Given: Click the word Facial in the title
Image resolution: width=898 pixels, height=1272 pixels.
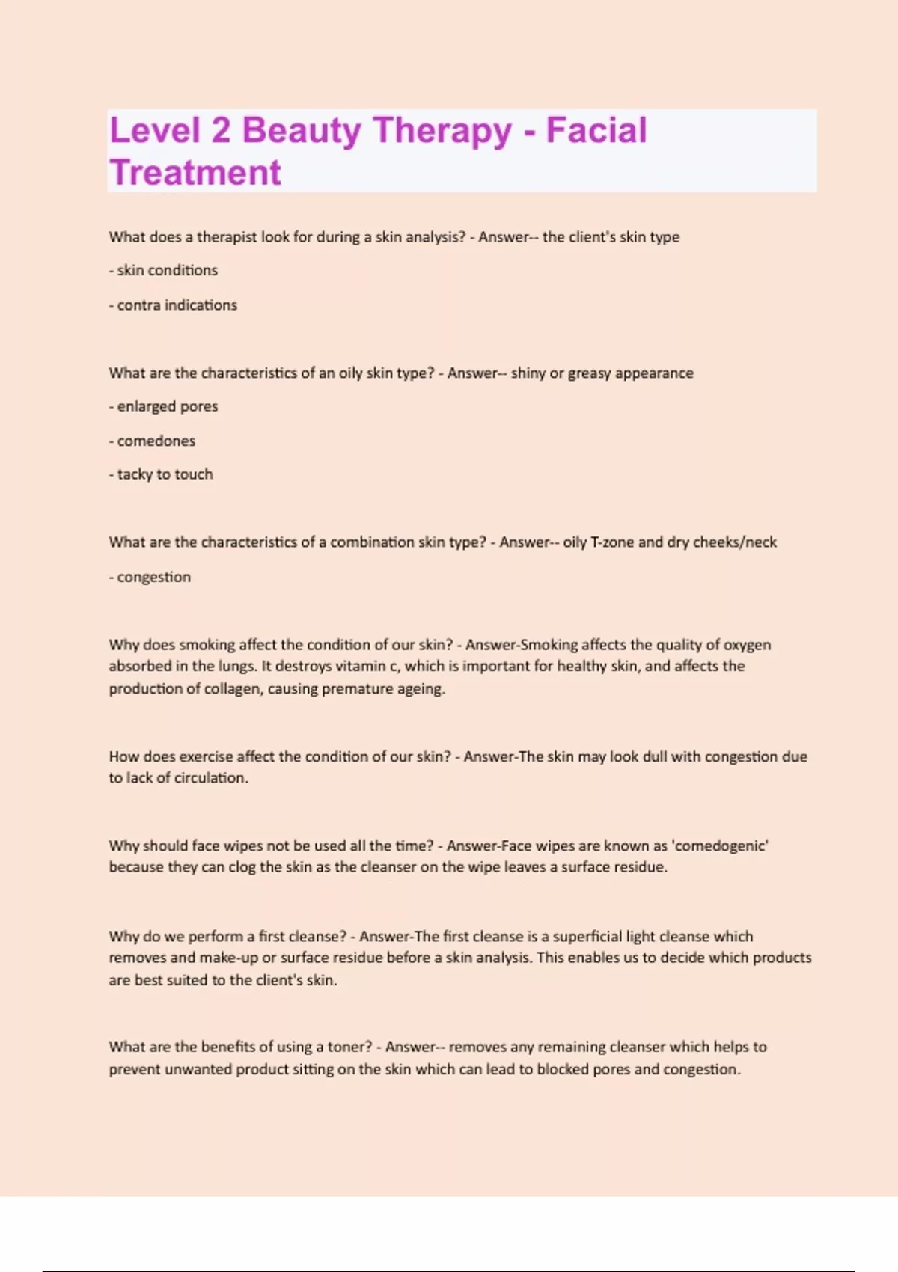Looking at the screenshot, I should tap(596, 130).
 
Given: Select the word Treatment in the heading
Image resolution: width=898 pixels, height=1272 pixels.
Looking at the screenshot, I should tap(195, 173).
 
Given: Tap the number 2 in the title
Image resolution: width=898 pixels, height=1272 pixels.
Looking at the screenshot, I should tap(220, 130).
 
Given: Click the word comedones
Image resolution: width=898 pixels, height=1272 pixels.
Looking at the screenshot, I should tap(156, 441).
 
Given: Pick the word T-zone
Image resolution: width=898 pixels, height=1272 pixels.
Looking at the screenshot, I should tap(612, 542).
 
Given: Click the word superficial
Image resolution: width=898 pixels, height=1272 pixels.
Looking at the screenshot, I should tap(587, 937).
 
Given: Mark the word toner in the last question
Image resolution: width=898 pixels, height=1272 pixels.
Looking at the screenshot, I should tap(349, 1048).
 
